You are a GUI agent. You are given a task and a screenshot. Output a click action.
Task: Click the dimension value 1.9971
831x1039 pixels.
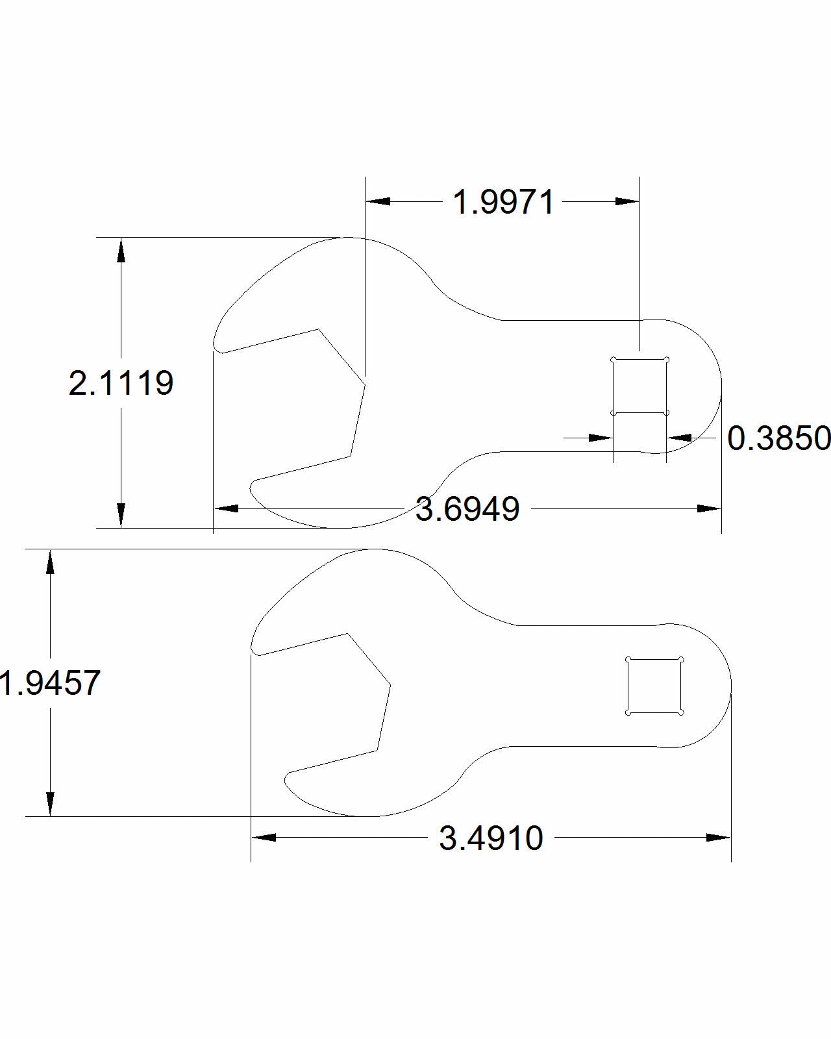click(504, 202)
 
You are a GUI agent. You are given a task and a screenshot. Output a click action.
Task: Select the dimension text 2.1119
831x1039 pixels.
click(121, 383)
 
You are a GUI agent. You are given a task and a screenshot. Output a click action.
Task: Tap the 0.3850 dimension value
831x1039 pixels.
click(778, 438)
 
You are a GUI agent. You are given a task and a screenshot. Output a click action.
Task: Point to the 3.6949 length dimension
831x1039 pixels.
click(467, 508)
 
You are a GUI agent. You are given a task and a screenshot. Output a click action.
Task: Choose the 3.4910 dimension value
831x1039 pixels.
click(491, 838)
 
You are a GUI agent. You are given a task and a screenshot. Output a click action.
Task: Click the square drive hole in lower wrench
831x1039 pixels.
click(654, 686)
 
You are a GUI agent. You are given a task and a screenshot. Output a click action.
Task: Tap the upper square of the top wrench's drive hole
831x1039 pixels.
click(639, 386)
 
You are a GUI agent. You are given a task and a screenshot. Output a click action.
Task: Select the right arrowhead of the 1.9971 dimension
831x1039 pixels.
click(627, 202)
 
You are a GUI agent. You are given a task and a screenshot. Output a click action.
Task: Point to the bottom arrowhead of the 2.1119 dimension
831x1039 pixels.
click(121, 515)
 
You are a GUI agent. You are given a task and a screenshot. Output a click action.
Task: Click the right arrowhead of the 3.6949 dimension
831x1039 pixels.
click(709, 508)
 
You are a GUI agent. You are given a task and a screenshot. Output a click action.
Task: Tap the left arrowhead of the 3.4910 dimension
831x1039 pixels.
click(264, 838)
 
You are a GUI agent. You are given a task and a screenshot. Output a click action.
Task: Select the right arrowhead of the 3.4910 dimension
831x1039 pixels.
click(719, 838)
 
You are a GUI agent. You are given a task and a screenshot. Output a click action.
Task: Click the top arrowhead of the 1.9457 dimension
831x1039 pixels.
click(50, 562)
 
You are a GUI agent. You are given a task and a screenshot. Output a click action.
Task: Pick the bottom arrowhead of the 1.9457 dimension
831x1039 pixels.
click(50, 803)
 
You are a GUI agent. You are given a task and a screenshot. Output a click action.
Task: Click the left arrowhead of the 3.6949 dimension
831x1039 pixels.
click(226, 508)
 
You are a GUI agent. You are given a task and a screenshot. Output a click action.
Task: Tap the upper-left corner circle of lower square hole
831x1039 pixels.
click(628, 660)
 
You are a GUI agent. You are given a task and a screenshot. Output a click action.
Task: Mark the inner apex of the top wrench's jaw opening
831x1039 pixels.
click(365, 385)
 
